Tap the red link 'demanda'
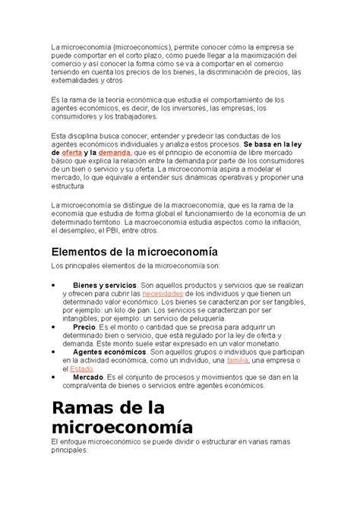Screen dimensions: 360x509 tap(115, 153)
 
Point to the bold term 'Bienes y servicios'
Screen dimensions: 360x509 tap(105, 283)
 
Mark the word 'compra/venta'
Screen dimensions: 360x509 tap(75, 387)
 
